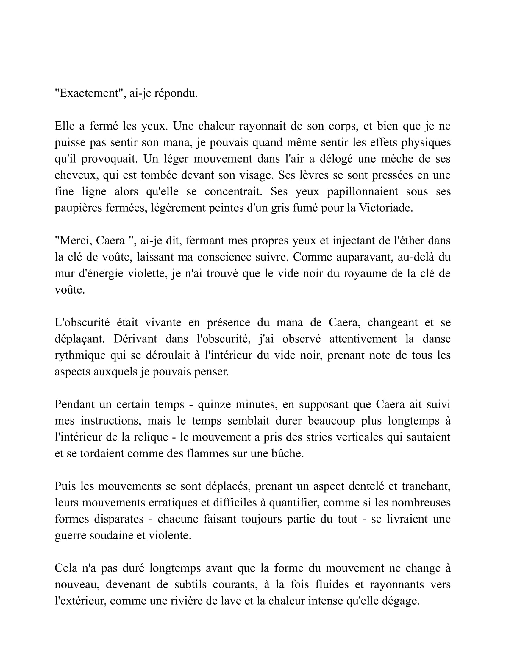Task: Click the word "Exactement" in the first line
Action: pos(89,93)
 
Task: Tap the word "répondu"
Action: pos(176,93)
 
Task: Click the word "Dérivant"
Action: pos(135,339)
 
